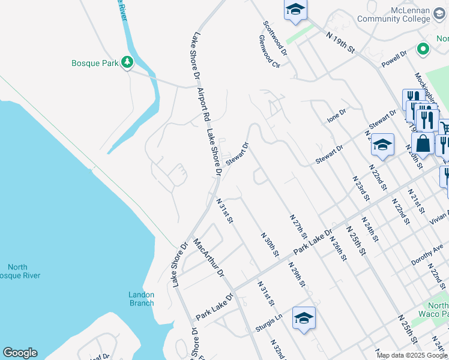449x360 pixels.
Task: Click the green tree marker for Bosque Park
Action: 127,62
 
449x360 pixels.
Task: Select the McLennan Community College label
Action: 393,14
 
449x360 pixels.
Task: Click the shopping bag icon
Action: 423,143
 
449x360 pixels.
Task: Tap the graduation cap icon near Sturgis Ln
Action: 304,317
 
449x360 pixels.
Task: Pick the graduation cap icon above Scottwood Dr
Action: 295,9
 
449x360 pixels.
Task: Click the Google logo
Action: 20,353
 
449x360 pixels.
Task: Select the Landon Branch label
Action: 142,298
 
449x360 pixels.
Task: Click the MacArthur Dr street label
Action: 208,259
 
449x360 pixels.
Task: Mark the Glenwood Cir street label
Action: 270,50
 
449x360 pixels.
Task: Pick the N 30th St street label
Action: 271,245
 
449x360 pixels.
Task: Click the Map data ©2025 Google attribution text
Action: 412,355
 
